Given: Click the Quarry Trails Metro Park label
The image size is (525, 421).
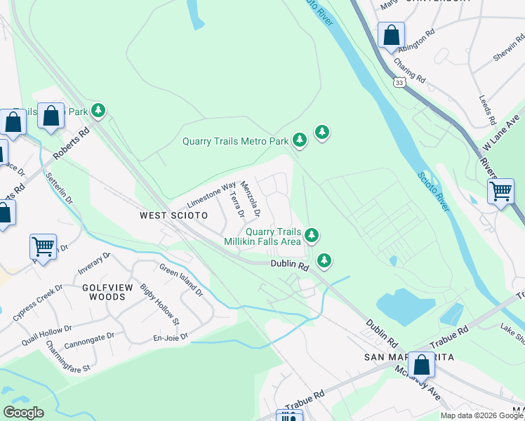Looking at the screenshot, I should tap(235, 141).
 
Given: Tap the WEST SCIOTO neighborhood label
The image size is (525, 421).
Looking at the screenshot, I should tap(173, 215).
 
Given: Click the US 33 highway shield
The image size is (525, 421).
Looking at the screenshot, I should tap(399, 83).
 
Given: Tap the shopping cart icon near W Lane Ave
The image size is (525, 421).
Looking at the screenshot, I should tap(500, 190).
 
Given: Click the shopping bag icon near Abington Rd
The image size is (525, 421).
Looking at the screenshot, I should tap(391, 35).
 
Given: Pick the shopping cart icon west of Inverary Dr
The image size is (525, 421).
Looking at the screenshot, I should tap(43, 247).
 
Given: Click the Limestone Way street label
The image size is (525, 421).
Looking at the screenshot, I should tap(211, 195).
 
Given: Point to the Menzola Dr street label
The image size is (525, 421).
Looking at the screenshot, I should tap(251, 198).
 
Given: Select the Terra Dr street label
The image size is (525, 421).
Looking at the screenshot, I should tap(237, 204).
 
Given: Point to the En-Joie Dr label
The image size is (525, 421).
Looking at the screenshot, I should tap(171, 337).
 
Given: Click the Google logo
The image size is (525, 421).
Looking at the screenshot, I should tap(23, 413).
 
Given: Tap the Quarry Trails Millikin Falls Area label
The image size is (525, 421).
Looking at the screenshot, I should tap(262, 236).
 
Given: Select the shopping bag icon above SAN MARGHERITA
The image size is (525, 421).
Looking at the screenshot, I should tap(422, 364).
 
